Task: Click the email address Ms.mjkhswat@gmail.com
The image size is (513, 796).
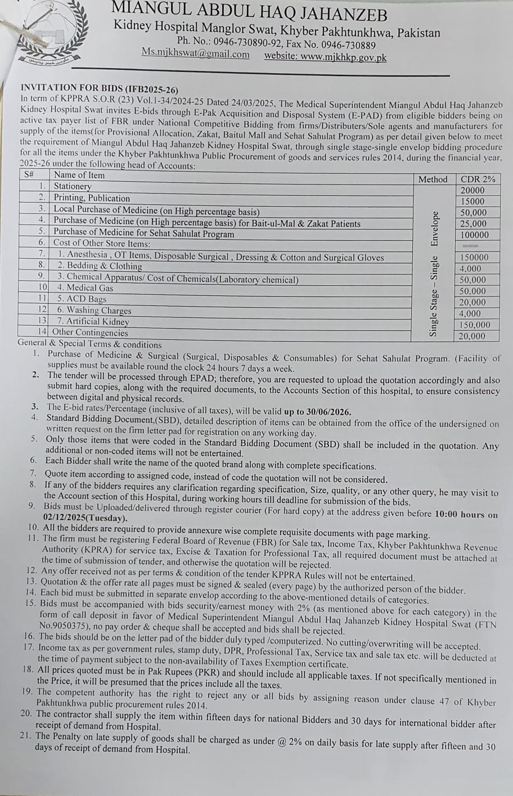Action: coord(195,54)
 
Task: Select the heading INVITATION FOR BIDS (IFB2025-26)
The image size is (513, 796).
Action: coord(99,88)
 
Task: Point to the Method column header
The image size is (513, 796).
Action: coord(433,179)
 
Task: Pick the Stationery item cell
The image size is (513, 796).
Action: coord(73,186)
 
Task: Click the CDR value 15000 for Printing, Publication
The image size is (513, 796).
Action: coord(472,201)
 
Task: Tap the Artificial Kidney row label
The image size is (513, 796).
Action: coord(93,322)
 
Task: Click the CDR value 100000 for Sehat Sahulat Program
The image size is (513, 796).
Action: coord(474,235)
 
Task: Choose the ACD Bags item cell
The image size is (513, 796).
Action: coord(82,299)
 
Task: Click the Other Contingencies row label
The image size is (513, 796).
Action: coord(90,332)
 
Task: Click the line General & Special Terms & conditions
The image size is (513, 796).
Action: coord(90,344)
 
